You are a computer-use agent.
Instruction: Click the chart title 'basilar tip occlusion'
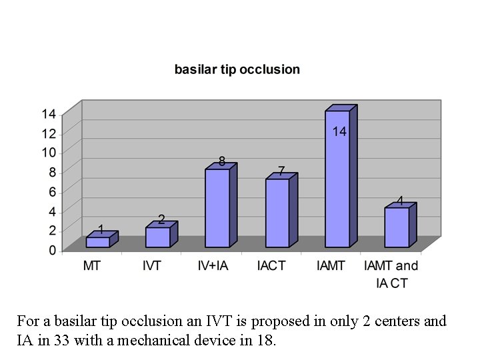coord(237,69)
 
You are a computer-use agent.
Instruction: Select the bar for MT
coord(98,242)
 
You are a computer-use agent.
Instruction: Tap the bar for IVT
coord(157,237)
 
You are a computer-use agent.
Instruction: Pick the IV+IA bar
coord(217,208)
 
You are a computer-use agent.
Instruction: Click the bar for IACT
coord(277,213)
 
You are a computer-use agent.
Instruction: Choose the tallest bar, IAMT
coord(337,180)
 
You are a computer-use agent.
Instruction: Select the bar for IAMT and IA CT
coord(397,227)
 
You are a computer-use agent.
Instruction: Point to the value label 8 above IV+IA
coord(222,161)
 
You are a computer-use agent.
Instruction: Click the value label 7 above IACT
coord(281,171)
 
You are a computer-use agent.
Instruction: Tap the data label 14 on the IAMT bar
coord(339,132)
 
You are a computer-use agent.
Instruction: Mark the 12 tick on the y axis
coord(49,133)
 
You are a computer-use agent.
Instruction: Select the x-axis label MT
coord(92,266)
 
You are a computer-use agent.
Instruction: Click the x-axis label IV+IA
coord(213,266)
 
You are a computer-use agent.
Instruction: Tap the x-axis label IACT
coord(271,266)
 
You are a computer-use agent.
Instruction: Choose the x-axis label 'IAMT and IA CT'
coord(391,274)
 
